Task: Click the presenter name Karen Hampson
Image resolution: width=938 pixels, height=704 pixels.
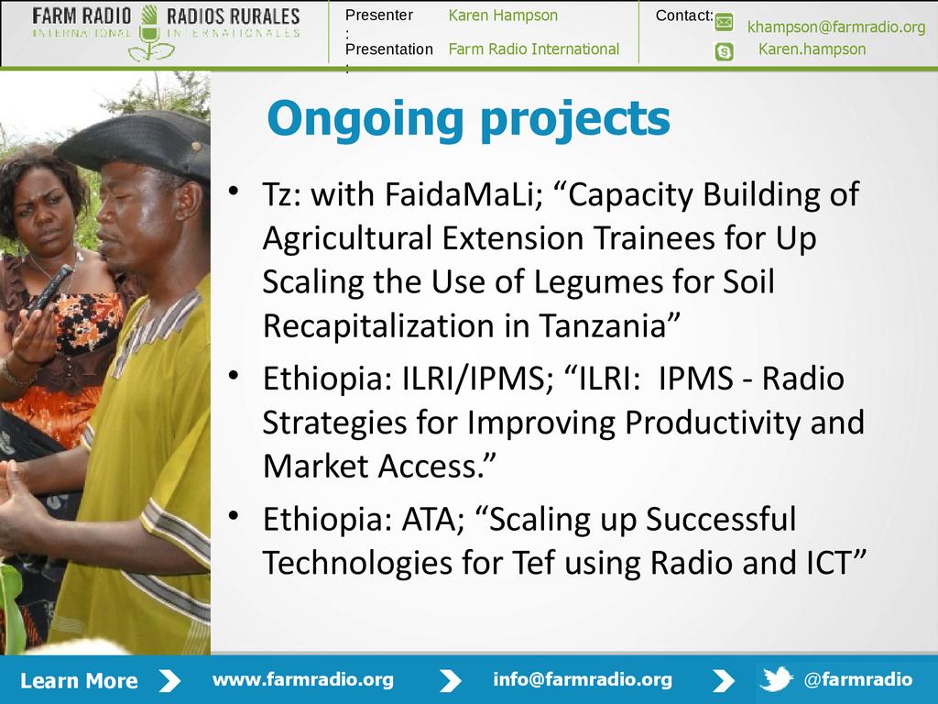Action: tap(503, 16)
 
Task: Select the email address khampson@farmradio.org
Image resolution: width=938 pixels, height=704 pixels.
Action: tap(836, 27)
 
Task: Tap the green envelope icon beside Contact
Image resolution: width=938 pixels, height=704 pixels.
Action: tap(724, 22)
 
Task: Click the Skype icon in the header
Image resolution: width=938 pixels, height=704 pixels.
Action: tap(724, 51)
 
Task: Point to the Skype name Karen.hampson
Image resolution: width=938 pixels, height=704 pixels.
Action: tap(812, 49)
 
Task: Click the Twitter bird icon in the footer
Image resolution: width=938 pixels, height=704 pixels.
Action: tap(777, 679)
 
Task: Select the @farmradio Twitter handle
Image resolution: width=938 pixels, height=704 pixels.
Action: tap(858, 679)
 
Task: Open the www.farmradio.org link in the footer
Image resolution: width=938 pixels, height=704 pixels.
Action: tap(302, 679)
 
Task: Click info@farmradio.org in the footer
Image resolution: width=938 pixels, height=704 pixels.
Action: tap(583, 679)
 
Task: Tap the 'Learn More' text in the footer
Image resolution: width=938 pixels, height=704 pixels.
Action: tap(79, 681)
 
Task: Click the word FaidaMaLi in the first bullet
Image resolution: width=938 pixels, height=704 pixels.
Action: tap(464, 194)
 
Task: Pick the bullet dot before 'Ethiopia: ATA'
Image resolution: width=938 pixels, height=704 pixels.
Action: tap(234, 515)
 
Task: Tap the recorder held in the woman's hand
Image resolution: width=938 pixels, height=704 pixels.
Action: tap(51, 289)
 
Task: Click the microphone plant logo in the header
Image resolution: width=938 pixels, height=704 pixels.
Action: tap(149, 34)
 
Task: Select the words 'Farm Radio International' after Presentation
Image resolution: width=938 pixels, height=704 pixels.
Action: tap(534, 49)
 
